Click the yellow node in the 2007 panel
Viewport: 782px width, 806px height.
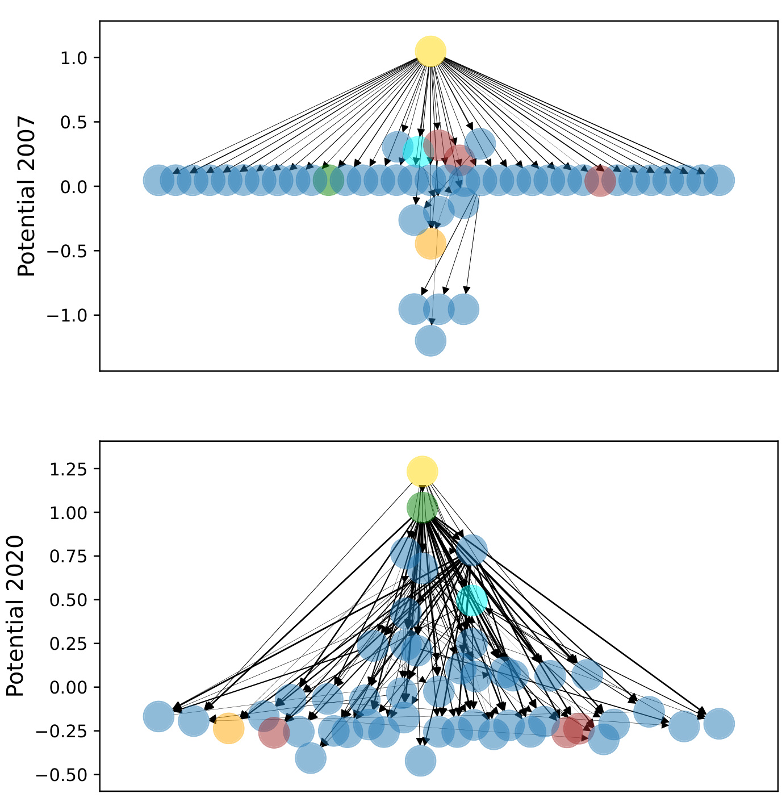[x=430, y=51]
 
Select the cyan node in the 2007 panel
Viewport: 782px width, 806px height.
[x=418, y=151]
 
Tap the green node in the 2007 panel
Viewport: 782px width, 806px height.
[x=328, y=181]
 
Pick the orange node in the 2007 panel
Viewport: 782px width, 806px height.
[x=430, y=244]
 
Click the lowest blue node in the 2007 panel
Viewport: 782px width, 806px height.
[x=430, y=341]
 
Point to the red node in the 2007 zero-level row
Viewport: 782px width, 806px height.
[x=600, y=181]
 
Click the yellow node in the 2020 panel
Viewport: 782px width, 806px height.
[x=422, y=471]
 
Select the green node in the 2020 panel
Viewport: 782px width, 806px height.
[x=423, y=507]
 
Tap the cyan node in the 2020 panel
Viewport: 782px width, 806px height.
[x=472, y=600]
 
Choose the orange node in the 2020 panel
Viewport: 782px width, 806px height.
[x=228, y=728]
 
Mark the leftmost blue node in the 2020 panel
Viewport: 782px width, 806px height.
[x=158, y=716]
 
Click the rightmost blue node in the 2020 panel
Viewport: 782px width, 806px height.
[x=719, y=724]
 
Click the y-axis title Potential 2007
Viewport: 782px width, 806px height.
[x=27, y=196]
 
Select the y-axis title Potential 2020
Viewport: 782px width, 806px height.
[x=15, y=616]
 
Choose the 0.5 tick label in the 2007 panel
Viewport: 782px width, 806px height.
[x=73, y=122]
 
